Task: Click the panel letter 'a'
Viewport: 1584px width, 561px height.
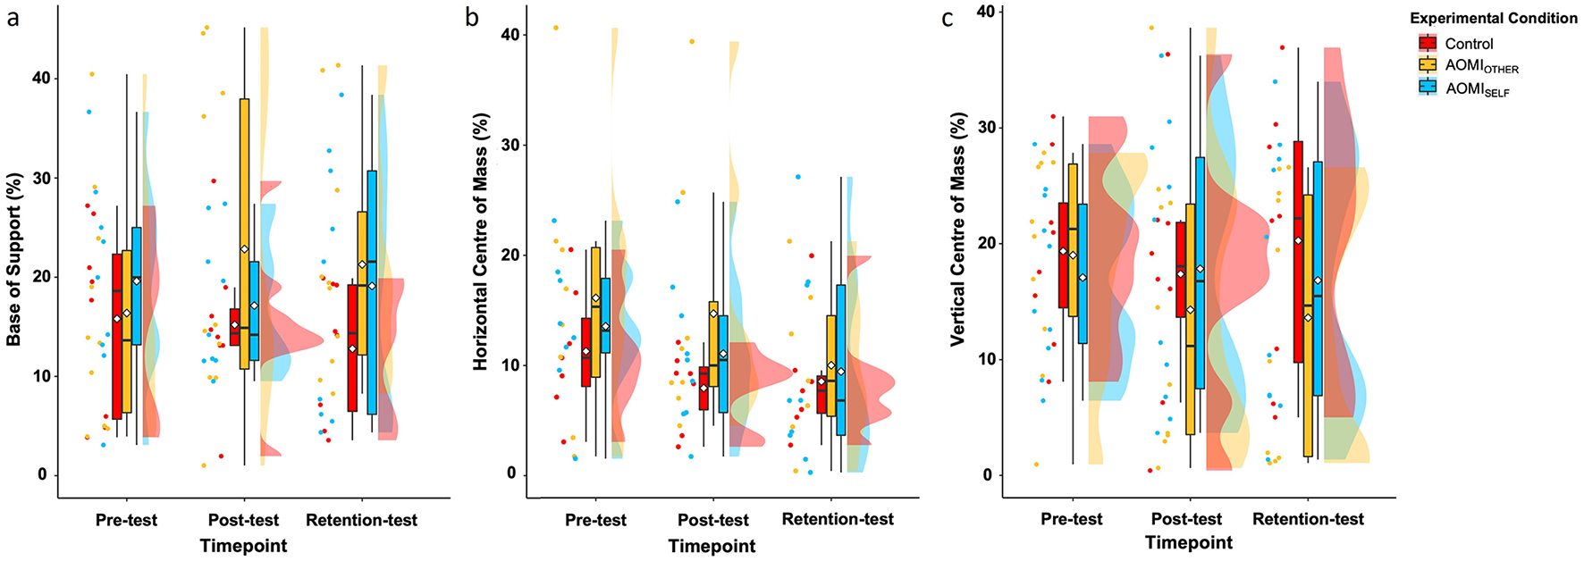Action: tap(13, 18)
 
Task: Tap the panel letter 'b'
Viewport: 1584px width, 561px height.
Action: tap(473, 18)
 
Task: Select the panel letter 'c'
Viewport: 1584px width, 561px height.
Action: tap(948, 18)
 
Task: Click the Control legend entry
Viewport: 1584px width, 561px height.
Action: tap(1468, 44)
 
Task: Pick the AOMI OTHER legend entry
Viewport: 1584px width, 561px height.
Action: tap(1480, 66)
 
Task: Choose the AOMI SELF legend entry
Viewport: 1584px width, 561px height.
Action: tap(1477, 88)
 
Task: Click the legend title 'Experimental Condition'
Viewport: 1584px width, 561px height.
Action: tap(1494, 18)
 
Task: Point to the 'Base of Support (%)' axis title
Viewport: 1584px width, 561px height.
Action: tap(14, 260)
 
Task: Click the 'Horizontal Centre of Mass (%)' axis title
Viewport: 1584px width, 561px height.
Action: tap(481, 241)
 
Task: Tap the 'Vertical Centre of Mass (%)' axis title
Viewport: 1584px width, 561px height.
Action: tap(958, 230)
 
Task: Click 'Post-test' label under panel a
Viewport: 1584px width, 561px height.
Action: tap(243, 520)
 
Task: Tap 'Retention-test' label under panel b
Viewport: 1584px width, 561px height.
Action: tap(838, 519)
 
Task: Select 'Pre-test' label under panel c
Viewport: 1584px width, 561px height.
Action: tap(1072, 519)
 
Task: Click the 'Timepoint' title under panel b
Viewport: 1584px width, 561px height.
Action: tap(712, 546)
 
